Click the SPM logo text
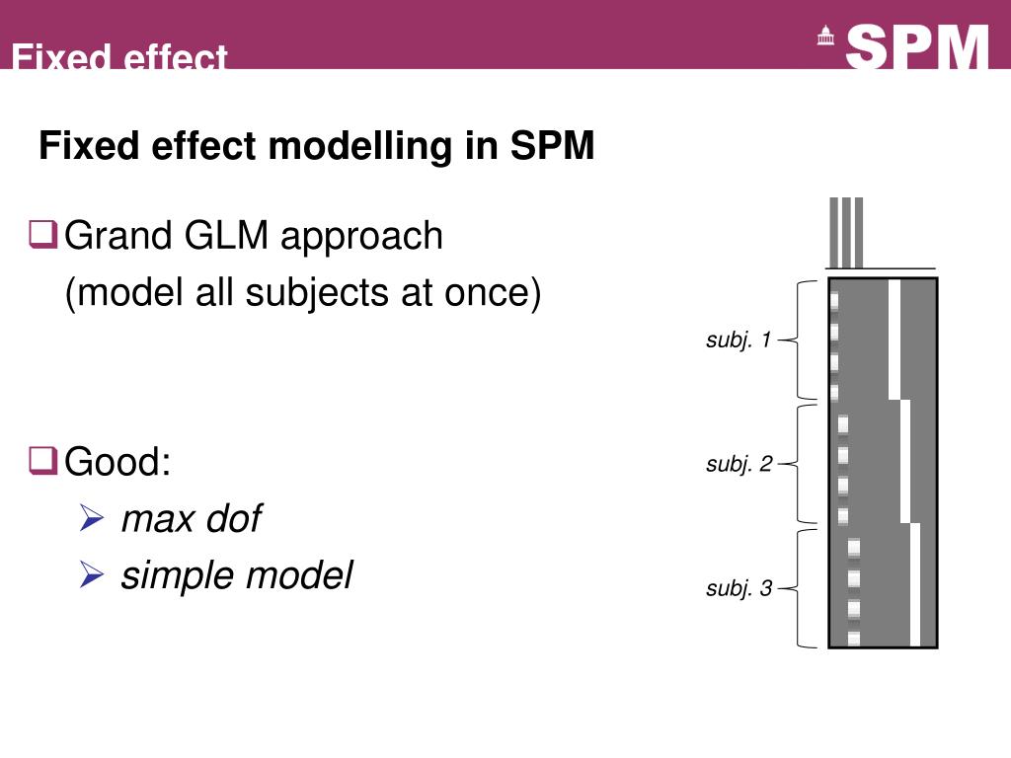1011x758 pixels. (x=917, y=46)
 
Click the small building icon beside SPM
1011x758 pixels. (x=825, y=38)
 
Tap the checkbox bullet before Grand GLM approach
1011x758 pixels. (x=42, y=236)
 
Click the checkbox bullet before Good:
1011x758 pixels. (x=42, y=460)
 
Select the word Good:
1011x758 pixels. (x=117, y=461)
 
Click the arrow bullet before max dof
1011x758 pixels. (x=91, y=517)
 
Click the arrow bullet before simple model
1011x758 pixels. (x=91, y=573)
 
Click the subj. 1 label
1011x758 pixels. (x=739, y=341)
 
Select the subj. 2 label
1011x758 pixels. (x=739, y=464)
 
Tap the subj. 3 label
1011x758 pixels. (x=739, y=589)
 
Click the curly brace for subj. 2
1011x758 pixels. (x=802, y=464)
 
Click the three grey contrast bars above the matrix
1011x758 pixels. (x=846, y=233)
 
